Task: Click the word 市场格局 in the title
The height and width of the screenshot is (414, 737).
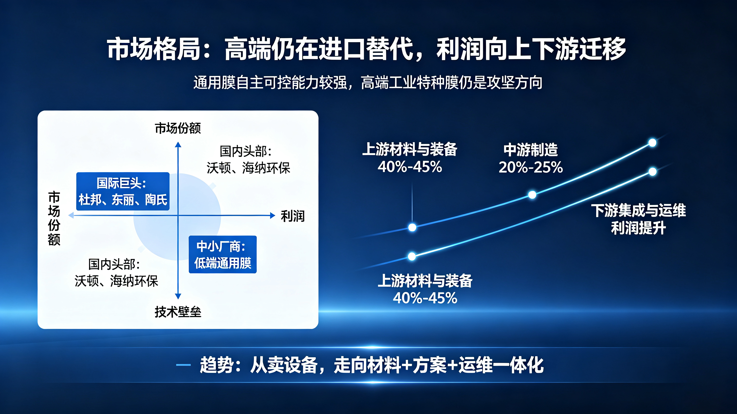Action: click(x=154, y=49)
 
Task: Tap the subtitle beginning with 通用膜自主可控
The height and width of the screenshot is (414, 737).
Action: click(x=368, y=82)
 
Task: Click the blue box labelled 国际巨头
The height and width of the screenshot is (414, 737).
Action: click(x=123, y=191)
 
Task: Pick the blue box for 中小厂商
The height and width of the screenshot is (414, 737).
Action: click(x=223, y=254)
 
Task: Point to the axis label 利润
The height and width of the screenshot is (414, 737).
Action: click(x=293, y=216)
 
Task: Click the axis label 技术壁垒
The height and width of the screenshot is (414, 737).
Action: click(x=178, y=312)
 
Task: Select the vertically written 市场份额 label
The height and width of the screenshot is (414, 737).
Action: click(x=54, y=218)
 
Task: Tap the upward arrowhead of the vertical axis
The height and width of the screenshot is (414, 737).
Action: click(x=178, y=144)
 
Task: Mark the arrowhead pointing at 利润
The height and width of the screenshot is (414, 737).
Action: click(x=273, y=216)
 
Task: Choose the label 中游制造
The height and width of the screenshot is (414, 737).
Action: click(x=531, y=150)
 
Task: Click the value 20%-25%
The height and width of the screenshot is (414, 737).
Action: click(x=531, y=167)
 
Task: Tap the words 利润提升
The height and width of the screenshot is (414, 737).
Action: click(x=639, y=228)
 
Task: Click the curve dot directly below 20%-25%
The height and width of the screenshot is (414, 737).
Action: click(x=532, y=195)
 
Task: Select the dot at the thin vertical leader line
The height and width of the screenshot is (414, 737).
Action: click(x=412, y=227)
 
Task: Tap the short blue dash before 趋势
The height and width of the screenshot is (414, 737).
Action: click(x=183, y=365)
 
